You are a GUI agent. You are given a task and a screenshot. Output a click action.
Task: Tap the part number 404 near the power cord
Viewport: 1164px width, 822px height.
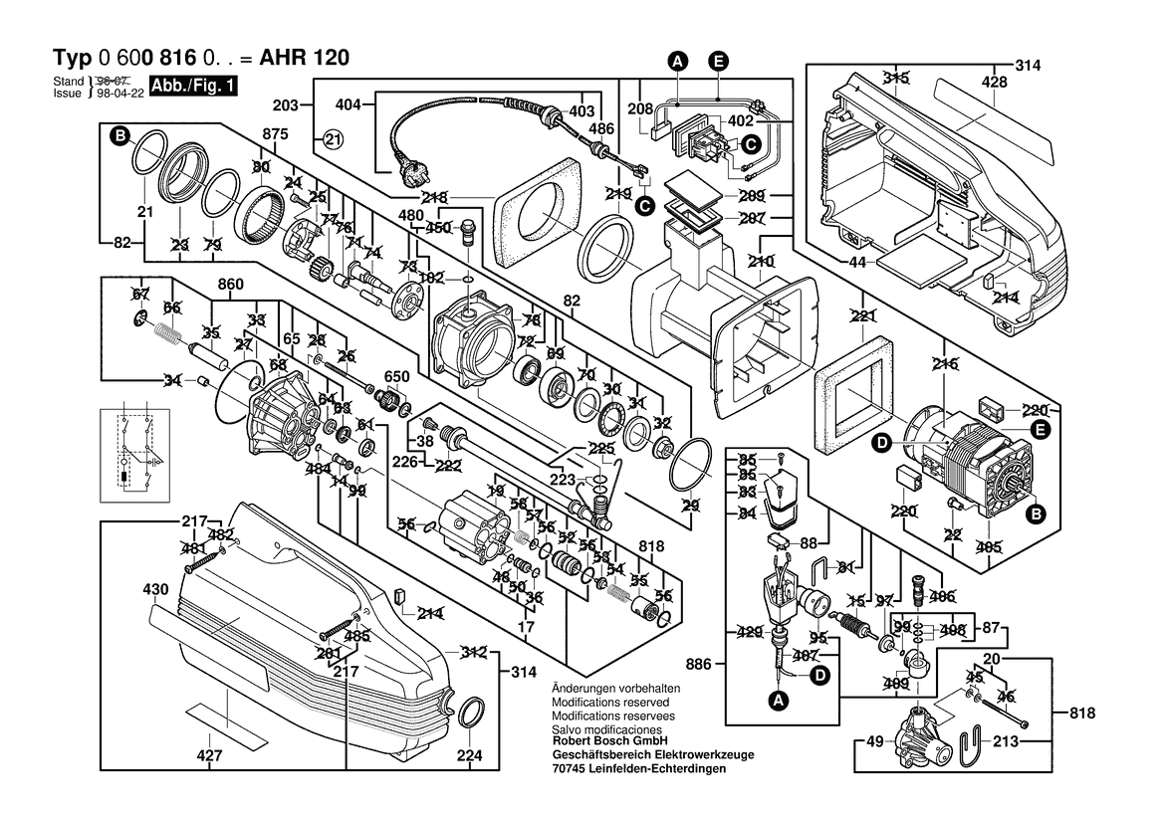tap(348, 103)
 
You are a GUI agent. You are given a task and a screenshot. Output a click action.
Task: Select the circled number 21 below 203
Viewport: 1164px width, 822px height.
tap(332, 140)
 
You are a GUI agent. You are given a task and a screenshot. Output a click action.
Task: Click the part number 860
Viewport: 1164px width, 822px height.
tap(231, 286)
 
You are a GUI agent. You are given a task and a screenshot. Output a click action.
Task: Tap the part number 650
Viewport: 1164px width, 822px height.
tap(397, 376)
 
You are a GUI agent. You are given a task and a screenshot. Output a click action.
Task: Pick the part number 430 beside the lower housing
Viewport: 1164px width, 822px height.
tap(155, 590)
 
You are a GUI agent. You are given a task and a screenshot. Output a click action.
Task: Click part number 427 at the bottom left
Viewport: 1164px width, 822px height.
tap(209, 756)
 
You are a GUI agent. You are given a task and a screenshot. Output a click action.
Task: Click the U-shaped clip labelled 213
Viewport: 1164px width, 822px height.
tap(972, 744)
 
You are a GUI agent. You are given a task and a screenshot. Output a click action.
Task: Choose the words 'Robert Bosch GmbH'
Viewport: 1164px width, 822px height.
tap(608, 741)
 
